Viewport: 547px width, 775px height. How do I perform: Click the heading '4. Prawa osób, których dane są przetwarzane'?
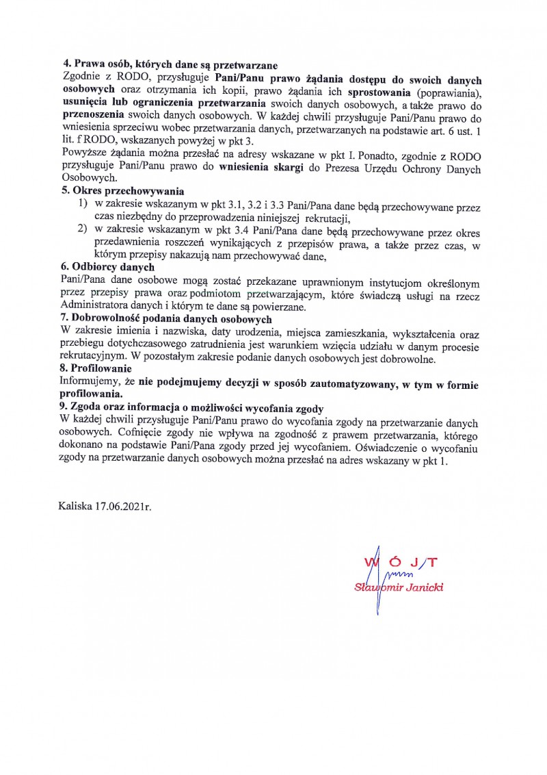169,66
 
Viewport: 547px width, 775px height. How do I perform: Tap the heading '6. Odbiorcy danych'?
107,267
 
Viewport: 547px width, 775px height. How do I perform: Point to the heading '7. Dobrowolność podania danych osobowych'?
166,320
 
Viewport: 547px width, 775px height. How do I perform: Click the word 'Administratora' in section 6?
97,306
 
